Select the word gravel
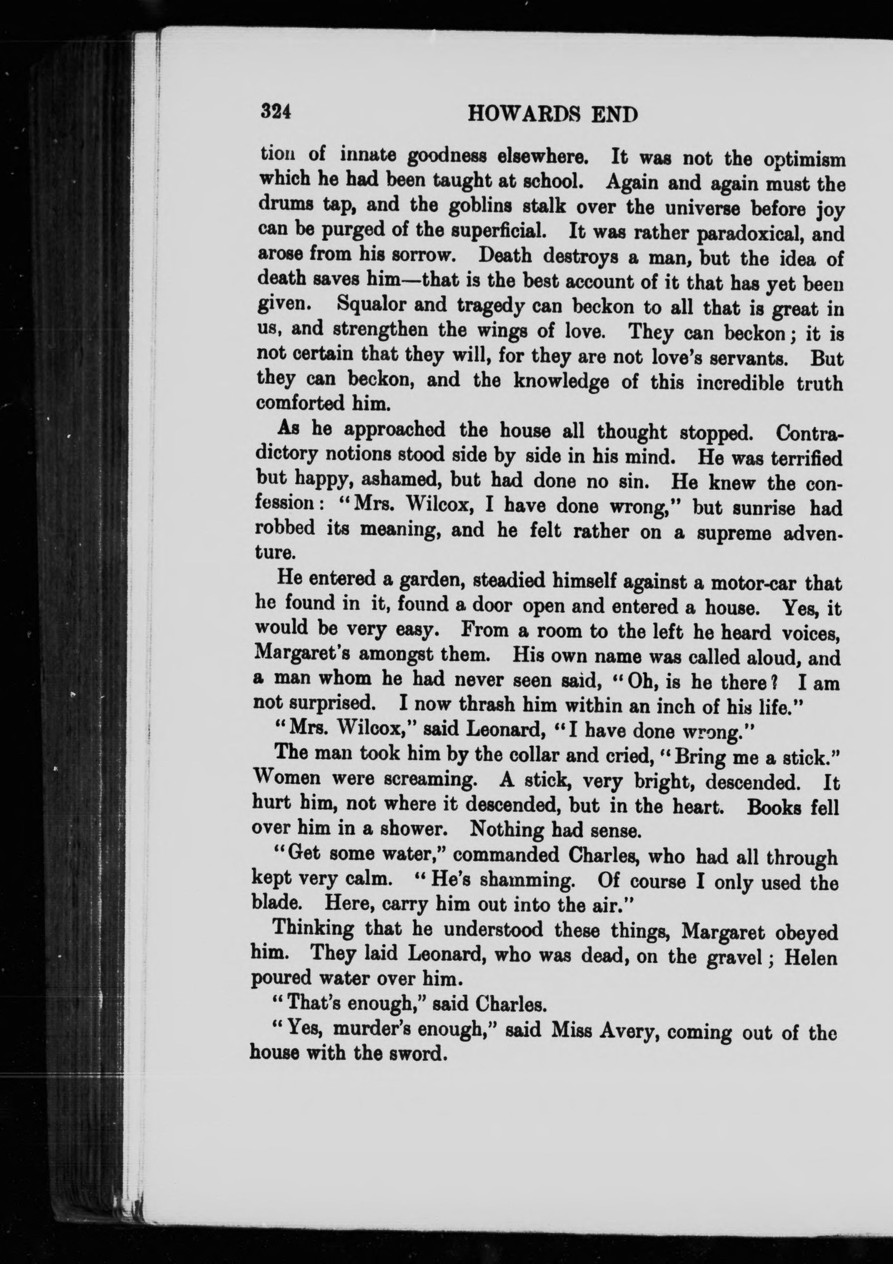pyautogui.click(x=731, y=957)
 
